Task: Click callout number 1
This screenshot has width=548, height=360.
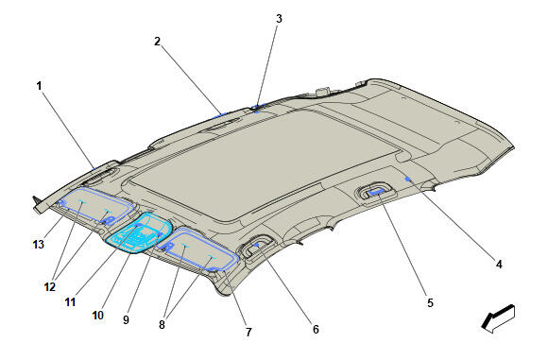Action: click(39, 86)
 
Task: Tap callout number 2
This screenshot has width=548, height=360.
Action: click(157, 42)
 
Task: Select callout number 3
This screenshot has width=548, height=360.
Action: click(279, 19)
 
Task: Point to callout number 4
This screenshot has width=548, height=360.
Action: click(499, 265)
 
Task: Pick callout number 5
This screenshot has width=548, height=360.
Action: click(430, 302)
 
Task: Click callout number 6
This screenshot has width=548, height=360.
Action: click(316, 329)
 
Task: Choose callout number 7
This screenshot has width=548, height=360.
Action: click(248, 332)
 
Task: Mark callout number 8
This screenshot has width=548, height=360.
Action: click(162, 325)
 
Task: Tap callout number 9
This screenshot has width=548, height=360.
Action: click(127, 319)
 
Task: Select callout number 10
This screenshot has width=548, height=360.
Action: click(98, 316)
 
